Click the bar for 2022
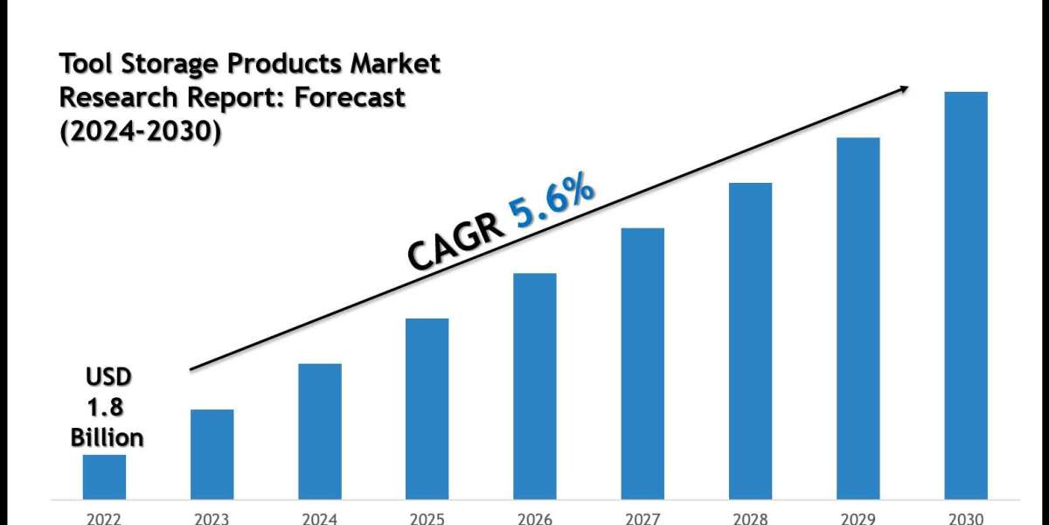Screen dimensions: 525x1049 (104, 477)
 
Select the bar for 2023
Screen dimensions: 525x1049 (212, 454)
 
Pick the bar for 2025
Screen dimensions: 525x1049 (427, 409)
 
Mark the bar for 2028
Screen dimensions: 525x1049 (750, 340)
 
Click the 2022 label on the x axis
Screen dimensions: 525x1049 (104, 518)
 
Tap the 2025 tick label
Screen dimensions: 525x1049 (427, 518)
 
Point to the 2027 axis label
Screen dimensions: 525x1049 (643, 518)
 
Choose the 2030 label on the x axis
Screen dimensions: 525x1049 (966, 518)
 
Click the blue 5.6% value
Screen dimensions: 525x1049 (553, 204)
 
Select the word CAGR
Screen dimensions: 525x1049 (456, 244)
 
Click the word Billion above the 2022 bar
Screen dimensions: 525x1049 (108, 437)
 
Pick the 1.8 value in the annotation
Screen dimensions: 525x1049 (106, 408)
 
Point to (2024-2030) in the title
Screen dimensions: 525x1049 (140, 131)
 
